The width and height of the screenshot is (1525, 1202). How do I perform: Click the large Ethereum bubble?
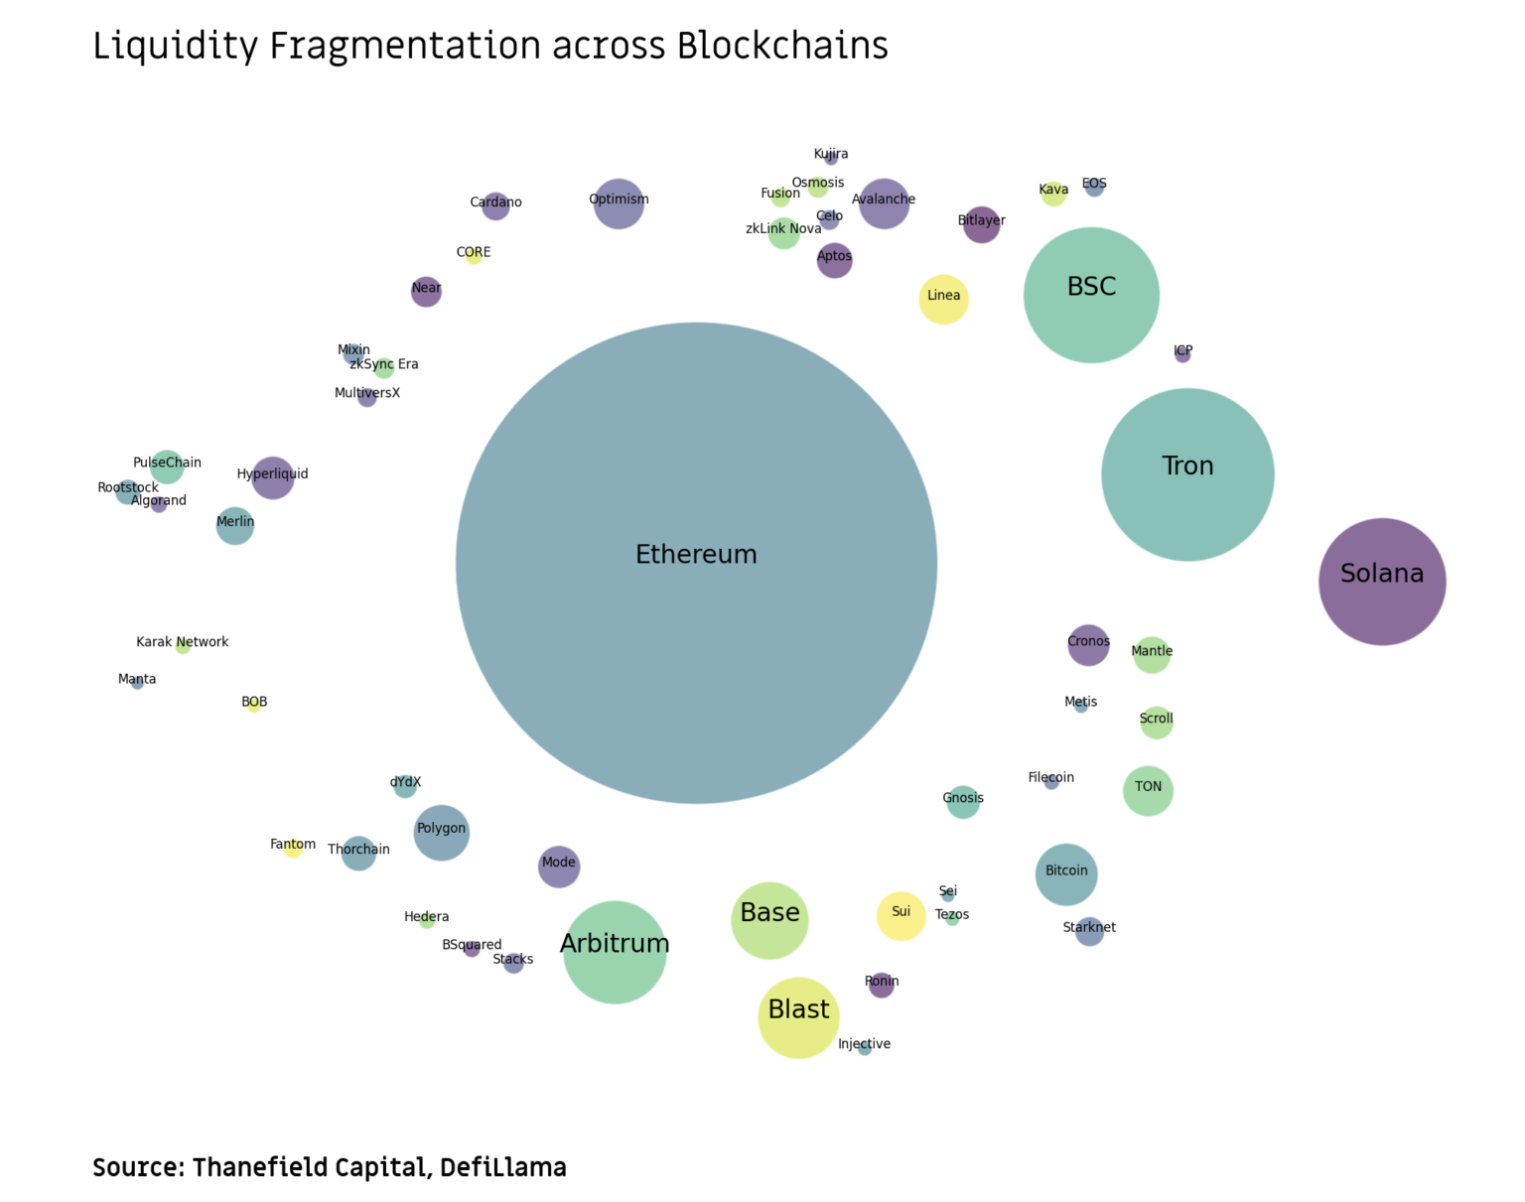(x=696, y=563)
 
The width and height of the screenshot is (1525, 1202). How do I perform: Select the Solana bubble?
(x=1382, y=582)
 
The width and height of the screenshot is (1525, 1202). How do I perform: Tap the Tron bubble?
(x=1187, y=474)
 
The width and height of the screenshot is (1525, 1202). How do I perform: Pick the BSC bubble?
(x=1091, y=295)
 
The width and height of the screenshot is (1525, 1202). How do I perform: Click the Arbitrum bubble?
(x=615, y=952)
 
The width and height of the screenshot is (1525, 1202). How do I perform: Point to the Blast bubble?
(x=798, y=1017)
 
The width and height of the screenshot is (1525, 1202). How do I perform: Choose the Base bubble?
(x=769, y=920)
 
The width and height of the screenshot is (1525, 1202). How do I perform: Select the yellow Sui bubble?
(x=901, y=915)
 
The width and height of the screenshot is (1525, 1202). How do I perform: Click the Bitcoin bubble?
(x=1066, y=874)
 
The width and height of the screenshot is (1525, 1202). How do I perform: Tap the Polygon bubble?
(x=441, y=832)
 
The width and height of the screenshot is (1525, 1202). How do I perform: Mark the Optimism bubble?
(x=619, y=203)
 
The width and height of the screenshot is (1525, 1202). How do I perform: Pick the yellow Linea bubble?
(x=943, y=299)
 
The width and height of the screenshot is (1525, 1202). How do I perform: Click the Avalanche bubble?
(x=884, y=203)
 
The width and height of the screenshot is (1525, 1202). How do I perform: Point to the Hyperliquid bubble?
(x=272, y=477)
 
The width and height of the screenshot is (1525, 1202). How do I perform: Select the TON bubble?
(x=1148, y=791)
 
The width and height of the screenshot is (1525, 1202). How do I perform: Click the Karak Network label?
(x=183, y=642)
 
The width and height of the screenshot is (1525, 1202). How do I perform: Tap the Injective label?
(x=864, y=1044)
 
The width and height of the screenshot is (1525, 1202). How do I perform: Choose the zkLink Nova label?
(x=783, y=229)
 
